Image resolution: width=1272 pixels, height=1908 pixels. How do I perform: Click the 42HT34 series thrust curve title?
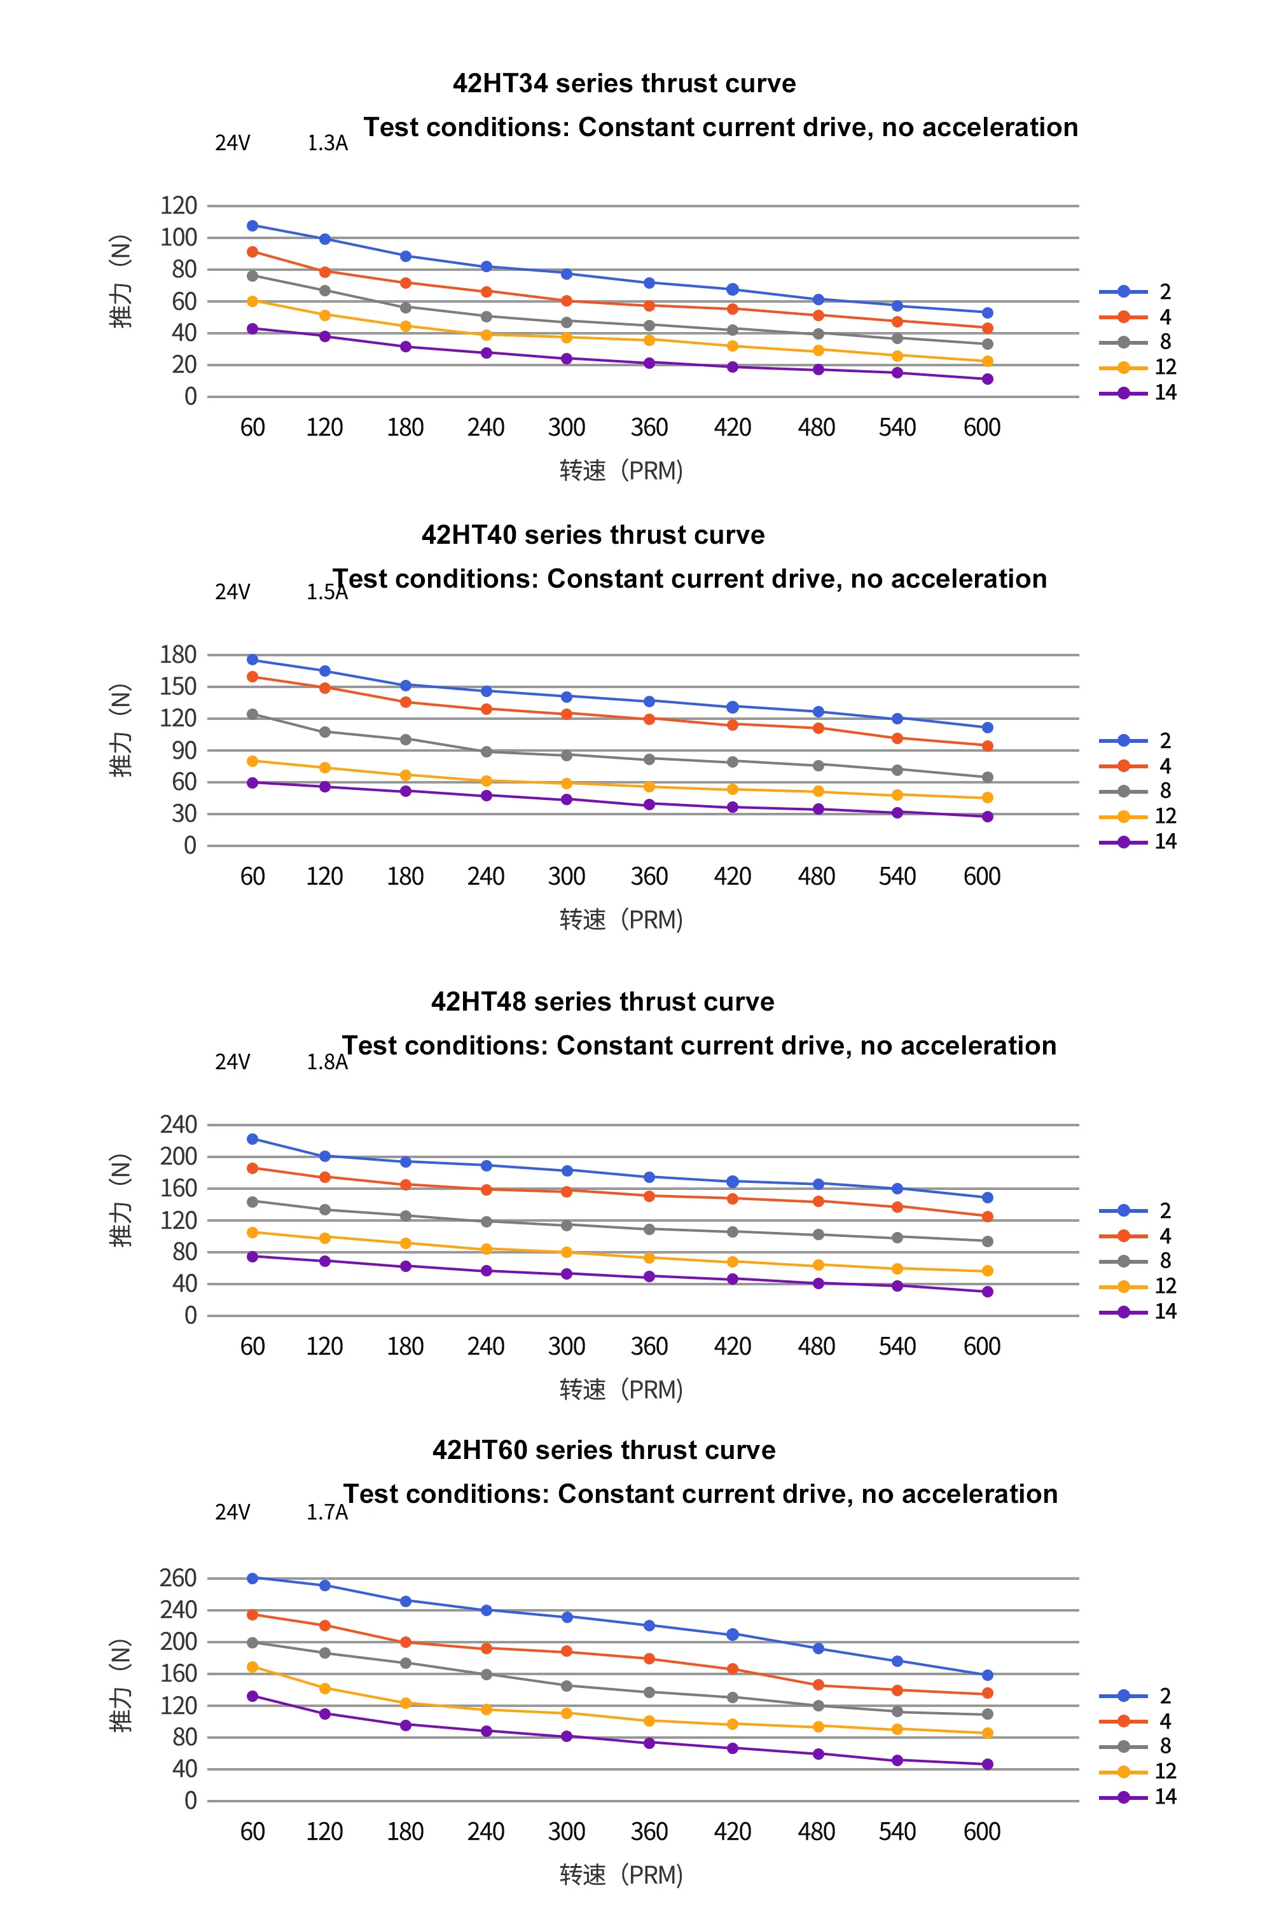pos(624,83)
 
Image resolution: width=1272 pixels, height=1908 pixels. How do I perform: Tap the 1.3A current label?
pos(327,144)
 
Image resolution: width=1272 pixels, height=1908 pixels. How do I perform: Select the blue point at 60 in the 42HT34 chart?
pos(252,226)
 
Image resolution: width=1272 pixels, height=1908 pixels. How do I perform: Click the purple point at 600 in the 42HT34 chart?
pos(987,379)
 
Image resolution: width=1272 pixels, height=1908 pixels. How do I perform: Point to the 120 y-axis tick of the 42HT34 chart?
pos(179,206)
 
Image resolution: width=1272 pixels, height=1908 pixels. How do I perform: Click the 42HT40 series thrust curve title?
pos(593,536)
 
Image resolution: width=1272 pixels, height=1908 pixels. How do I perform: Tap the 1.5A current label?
pos(326,592)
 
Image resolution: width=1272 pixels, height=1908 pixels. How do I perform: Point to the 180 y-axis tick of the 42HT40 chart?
pos(179,654)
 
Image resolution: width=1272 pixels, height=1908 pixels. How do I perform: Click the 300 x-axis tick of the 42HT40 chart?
pos(566,877)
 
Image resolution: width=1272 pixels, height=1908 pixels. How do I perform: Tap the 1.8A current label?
pos(326,1063)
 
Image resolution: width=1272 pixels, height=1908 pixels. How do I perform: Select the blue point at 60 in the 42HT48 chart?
pos(252,1139)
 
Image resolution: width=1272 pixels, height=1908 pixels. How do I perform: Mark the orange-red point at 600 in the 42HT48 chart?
pos(987,1217)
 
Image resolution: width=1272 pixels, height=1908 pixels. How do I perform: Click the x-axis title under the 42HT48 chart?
pos(621,1390)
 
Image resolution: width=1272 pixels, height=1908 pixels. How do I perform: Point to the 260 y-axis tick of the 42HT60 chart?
pos(179,1578)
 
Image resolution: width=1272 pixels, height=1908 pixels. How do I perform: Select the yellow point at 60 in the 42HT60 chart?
pos(252,1667)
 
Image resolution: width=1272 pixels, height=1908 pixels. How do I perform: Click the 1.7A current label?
pos(326,1513)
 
